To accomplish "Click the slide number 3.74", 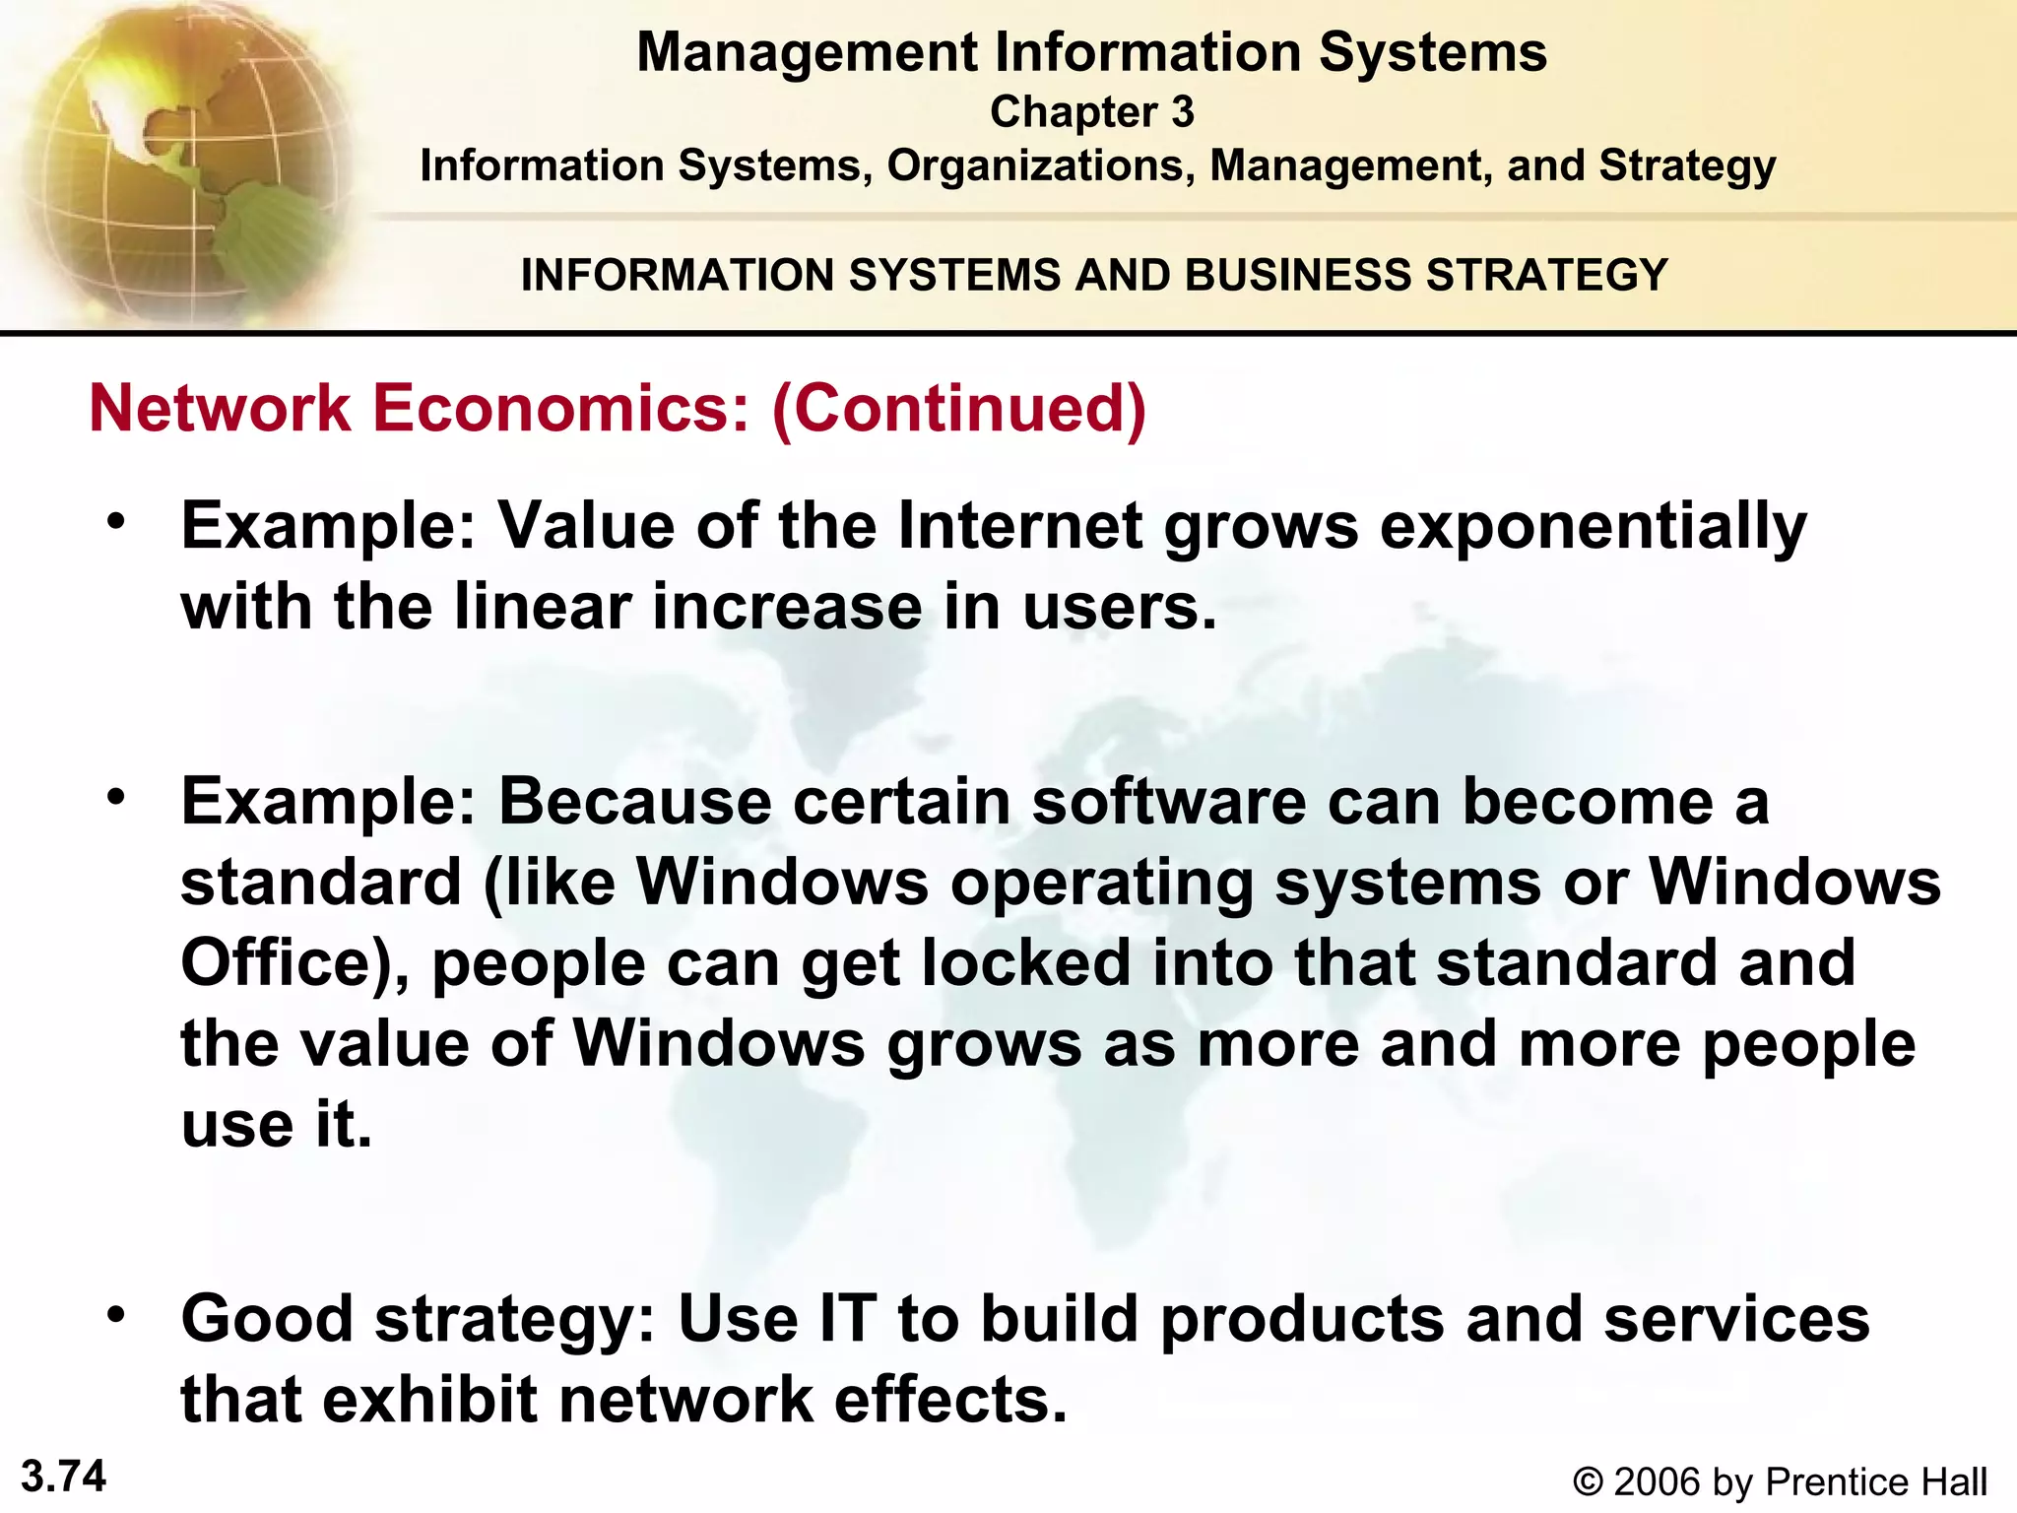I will (63, 1477).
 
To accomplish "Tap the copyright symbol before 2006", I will (1588, 1481).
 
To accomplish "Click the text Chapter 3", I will (1091, 112).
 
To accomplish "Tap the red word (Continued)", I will (959, 408).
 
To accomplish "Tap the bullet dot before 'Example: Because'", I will (118, 796).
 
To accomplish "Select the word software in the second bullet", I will (1168, 801).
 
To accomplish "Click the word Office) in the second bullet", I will (294, 962).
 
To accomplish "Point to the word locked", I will (1025, 962).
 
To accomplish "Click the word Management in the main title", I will (807, 52).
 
